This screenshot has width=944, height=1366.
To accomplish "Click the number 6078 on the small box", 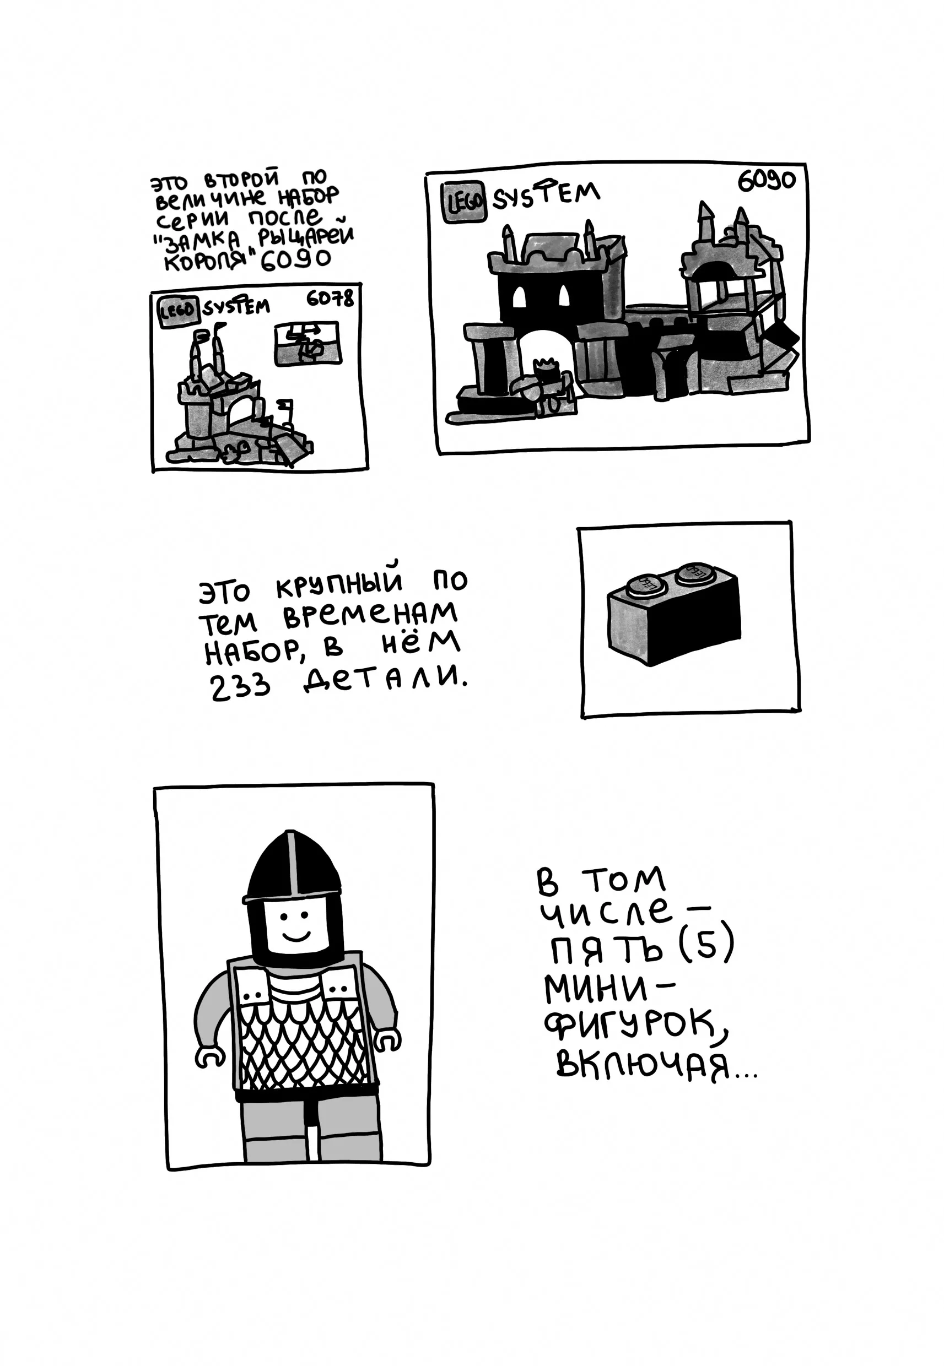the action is (330, 298).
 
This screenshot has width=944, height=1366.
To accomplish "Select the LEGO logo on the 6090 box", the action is (465, 202).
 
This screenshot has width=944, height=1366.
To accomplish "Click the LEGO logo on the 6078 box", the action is (177, 311).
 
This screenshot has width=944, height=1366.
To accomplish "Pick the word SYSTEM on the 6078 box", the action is (236, 307).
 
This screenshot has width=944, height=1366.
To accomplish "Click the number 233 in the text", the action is (240, 686).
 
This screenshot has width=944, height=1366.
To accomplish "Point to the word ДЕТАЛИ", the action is (386, 678).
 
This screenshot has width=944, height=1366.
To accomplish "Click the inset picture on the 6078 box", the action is (308, 343).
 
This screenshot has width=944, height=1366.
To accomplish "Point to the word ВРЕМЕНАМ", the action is (370, 615).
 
